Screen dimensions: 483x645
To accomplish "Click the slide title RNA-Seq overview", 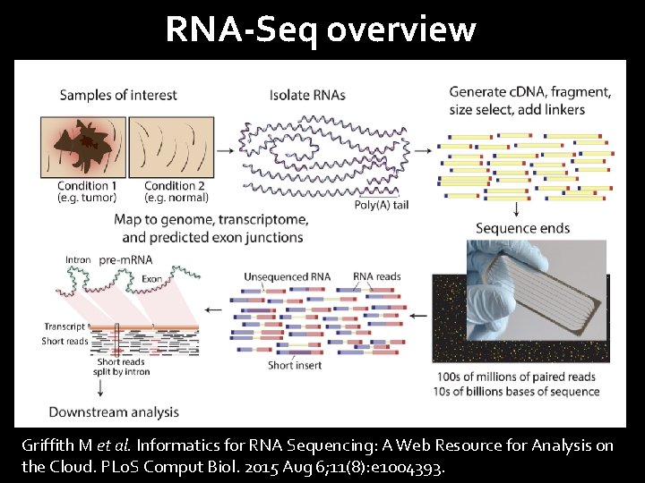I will coord(321,30).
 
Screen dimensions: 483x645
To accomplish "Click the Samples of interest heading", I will coord(118,95).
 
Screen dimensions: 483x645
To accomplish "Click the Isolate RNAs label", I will coord(307,95).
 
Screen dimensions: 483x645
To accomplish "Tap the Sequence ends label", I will coord(522,228).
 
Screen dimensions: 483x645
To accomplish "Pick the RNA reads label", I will coord(376,276).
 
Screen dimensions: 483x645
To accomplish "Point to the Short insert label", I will coord(293,365).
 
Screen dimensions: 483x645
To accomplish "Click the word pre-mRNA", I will coord(126,260).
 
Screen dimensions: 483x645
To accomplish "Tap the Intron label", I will coord(78,260).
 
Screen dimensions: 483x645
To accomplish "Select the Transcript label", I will coord(64,326).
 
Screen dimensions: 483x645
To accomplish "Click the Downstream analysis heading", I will coord(113,412).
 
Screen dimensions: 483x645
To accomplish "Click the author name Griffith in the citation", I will coord(51,445).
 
